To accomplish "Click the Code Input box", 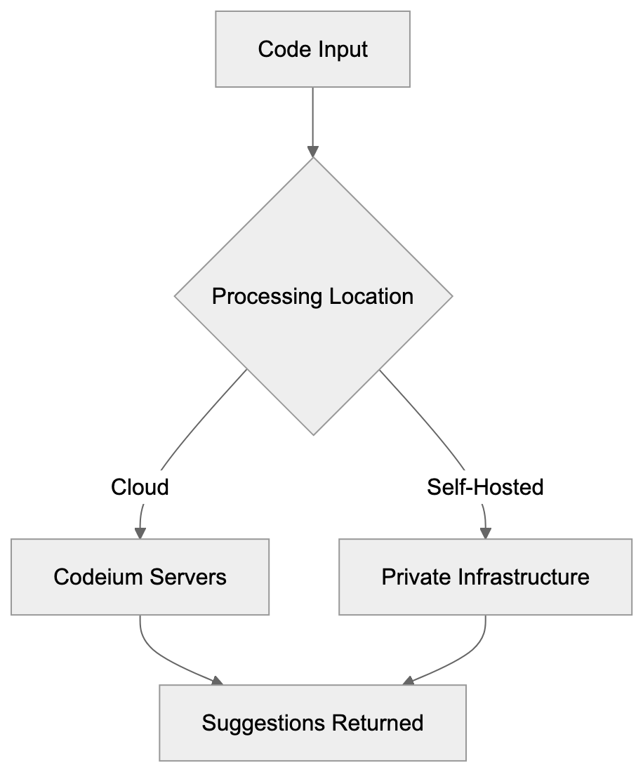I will click(x=312, y=49).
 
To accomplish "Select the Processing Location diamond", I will click(x=313, y=296).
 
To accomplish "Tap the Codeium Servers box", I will click(x=140, y=577).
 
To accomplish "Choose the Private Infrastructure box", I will click(x=485, y=577).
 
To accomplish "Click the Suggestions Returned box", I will click(x=312, y=723).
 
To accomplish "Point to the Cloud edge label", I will click(x=140, y=486).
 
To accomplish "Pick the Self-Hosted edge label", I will click(x=486, y=486).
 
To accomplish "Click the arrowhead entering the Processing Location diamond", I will click(x=313, y=152).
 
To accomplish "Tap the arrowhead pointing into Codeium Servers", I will click(x=140, y=533).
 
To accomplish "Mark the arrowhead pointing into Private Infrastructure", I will click(x=485, y=533).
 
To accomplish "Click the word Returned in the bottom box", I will click(x=378, y=723).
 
